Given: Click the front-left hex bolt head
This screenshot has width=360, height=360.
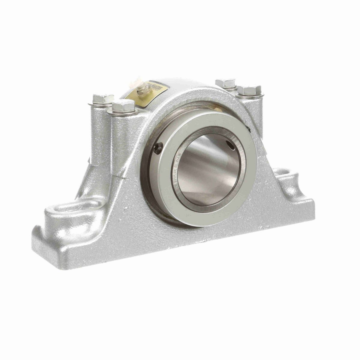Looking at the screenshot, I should pos(124,106).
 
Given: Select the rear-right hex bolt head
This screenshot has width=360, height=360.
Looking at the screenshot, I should pos(226,83).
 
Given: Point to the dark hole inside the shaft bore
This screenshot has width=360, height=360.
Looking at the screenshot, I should pos(231,145).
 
